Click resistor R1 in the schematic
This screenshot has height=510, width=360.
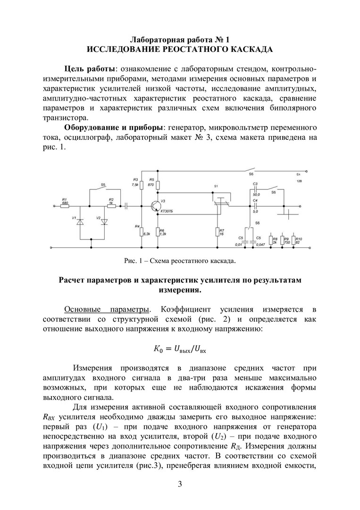[65, 206]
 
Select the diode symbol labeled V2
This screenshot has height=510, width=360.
[105, 221]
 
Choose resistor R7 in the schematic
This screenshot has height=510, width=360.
[218, 232]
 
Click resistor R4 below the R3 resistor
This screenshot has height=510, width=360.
[142, 231]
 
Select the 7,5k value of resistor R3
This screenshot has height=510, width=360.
[136, 185]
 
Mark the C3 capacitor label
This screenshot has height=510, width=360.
[255, 183]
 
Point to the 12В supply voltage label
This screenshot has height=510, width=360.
[299, 181]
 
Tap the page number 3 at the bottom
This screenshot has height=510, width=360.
[180, 484]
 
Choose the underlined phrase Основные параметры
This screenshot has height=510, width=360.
[107, 309]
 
